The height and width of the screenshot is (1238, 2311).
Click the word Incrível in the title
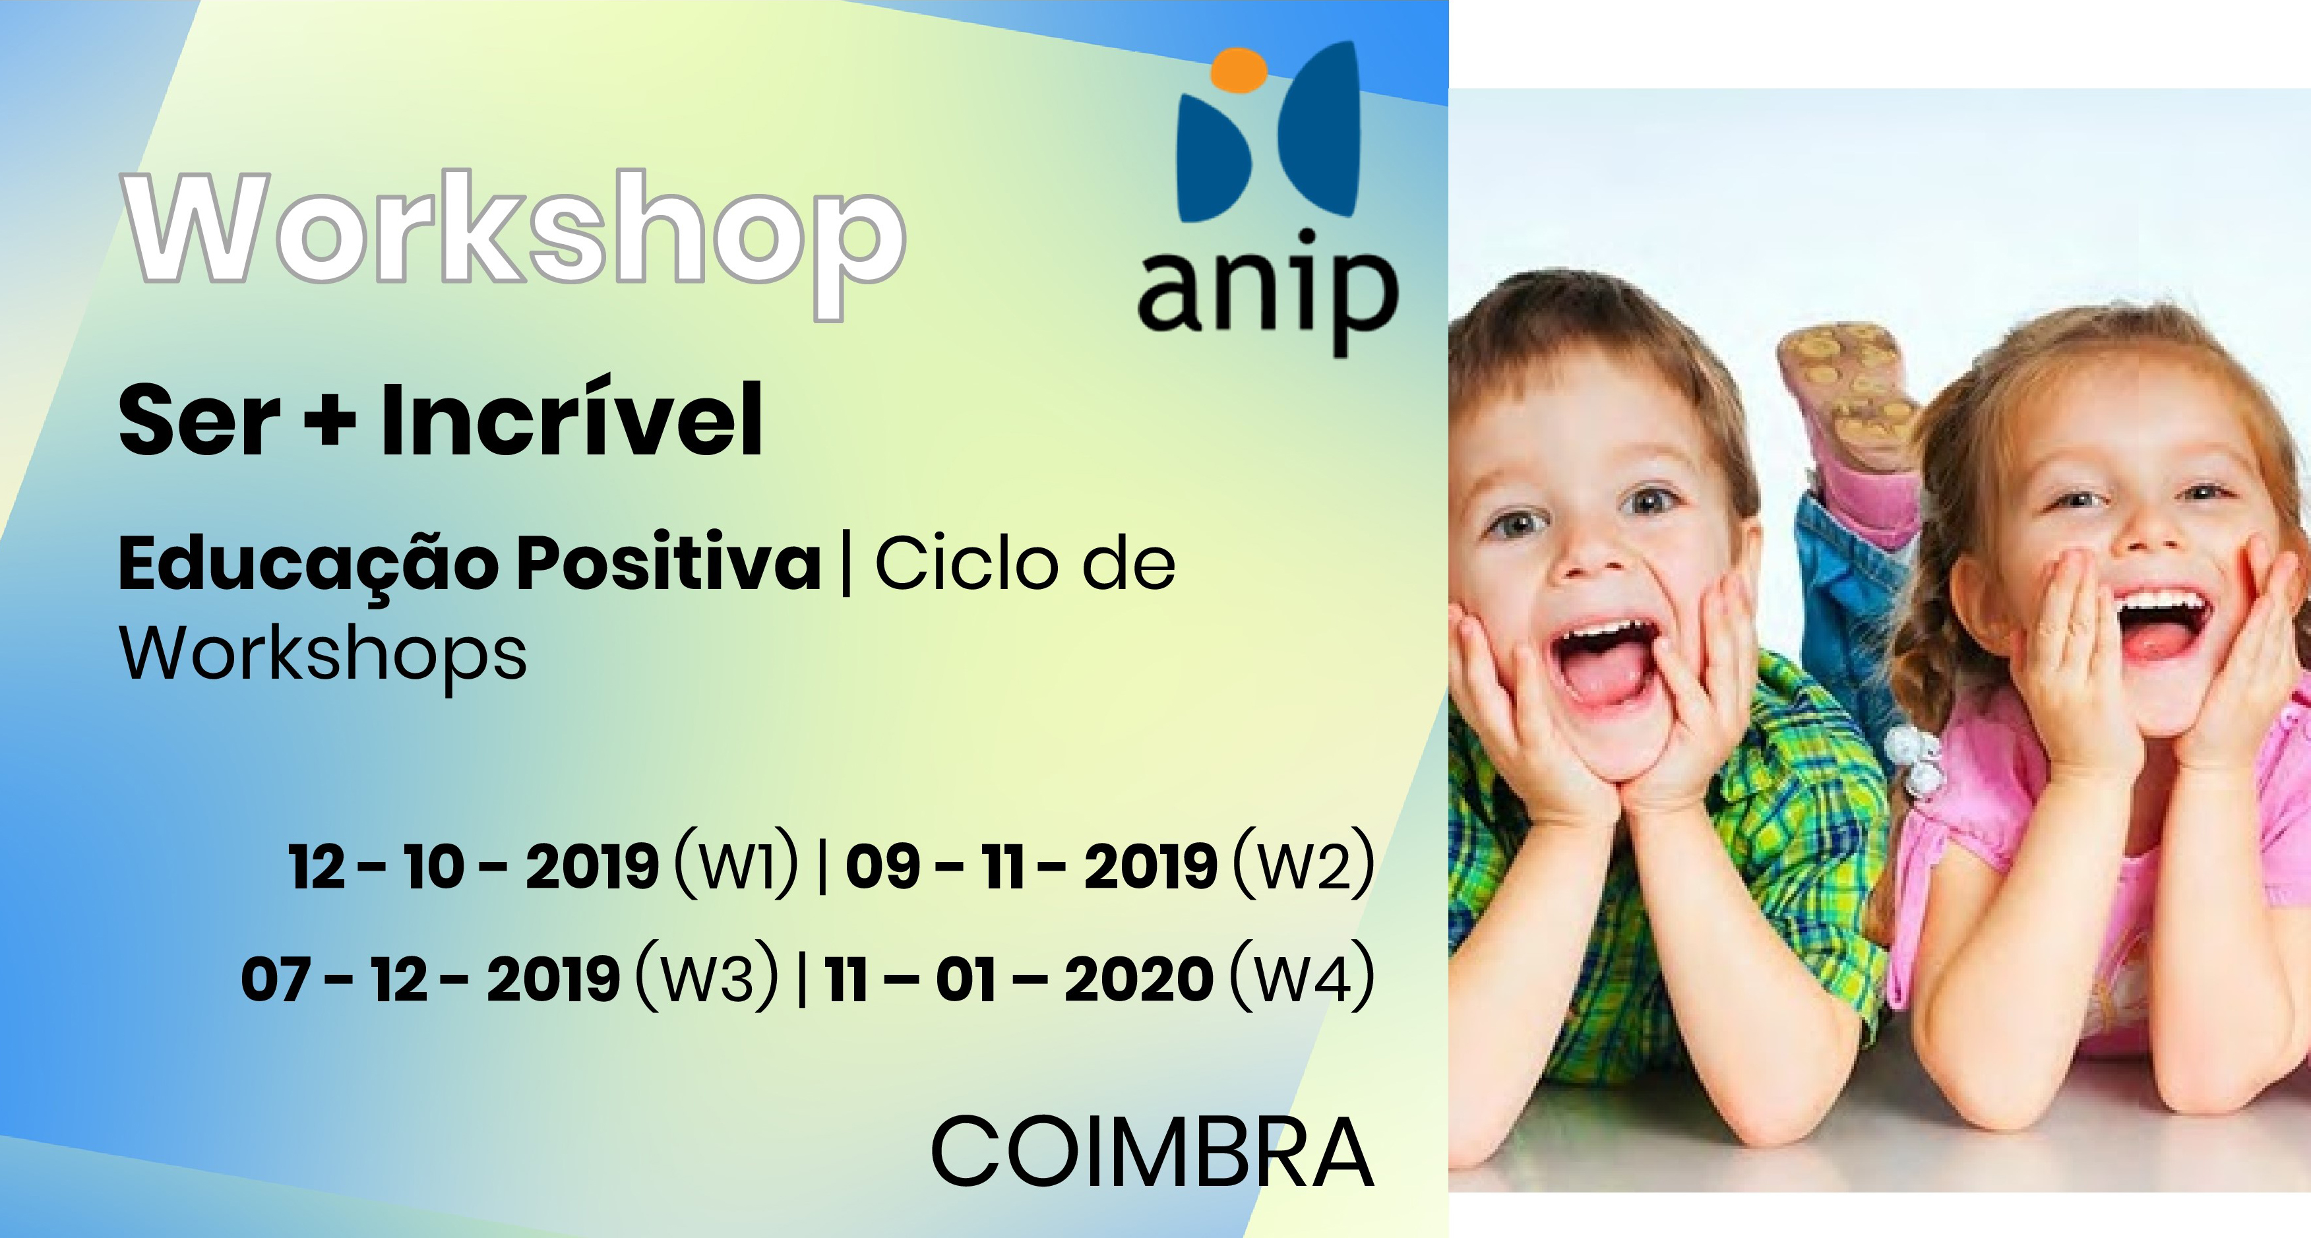[x=572, y=419]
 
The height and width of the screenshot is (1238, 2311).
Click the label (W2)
[x=1303, y=866]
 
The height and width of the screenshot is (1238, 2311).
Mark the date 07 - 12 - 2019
[x=430, y=979]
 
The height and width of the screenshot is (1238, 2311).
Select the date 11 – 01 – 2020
[x=1019, y=979]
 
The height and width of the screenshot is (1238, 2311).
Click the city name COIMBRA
[x=1152, y=1153]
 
